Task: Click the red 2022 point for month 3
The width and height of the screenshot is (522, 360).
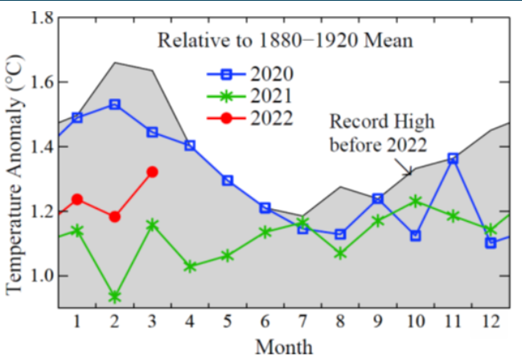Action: [153, 171]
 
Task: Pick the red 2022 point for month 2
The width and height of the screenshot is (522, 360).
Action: [115, 217]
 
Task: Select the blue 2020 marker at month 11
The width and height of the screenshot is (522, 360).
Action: [453, 158]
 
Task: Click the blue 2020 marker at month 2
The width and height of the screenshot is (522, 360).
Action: [115, 104]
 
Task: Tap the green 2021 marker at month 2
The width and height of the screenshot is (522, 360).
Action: [115, 297]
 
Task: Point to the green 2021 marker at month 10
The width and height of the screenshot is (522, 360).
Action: [415, 201]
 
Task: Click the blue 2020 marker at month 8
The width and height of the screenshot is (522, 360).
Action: [340, 234]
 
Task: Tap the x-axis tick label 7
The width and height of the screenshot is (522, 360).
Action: [302, 321]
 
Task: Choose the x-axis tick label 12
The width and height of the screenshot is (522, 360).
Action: [490, 321]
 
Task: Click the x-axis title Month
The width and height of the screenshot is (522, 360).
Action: [284, 346]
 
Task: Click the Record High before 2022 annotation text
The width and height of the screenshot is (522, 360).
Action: [382, 132]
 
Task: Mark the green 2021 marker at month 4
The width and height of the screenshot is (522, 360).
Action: [191, 266]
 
